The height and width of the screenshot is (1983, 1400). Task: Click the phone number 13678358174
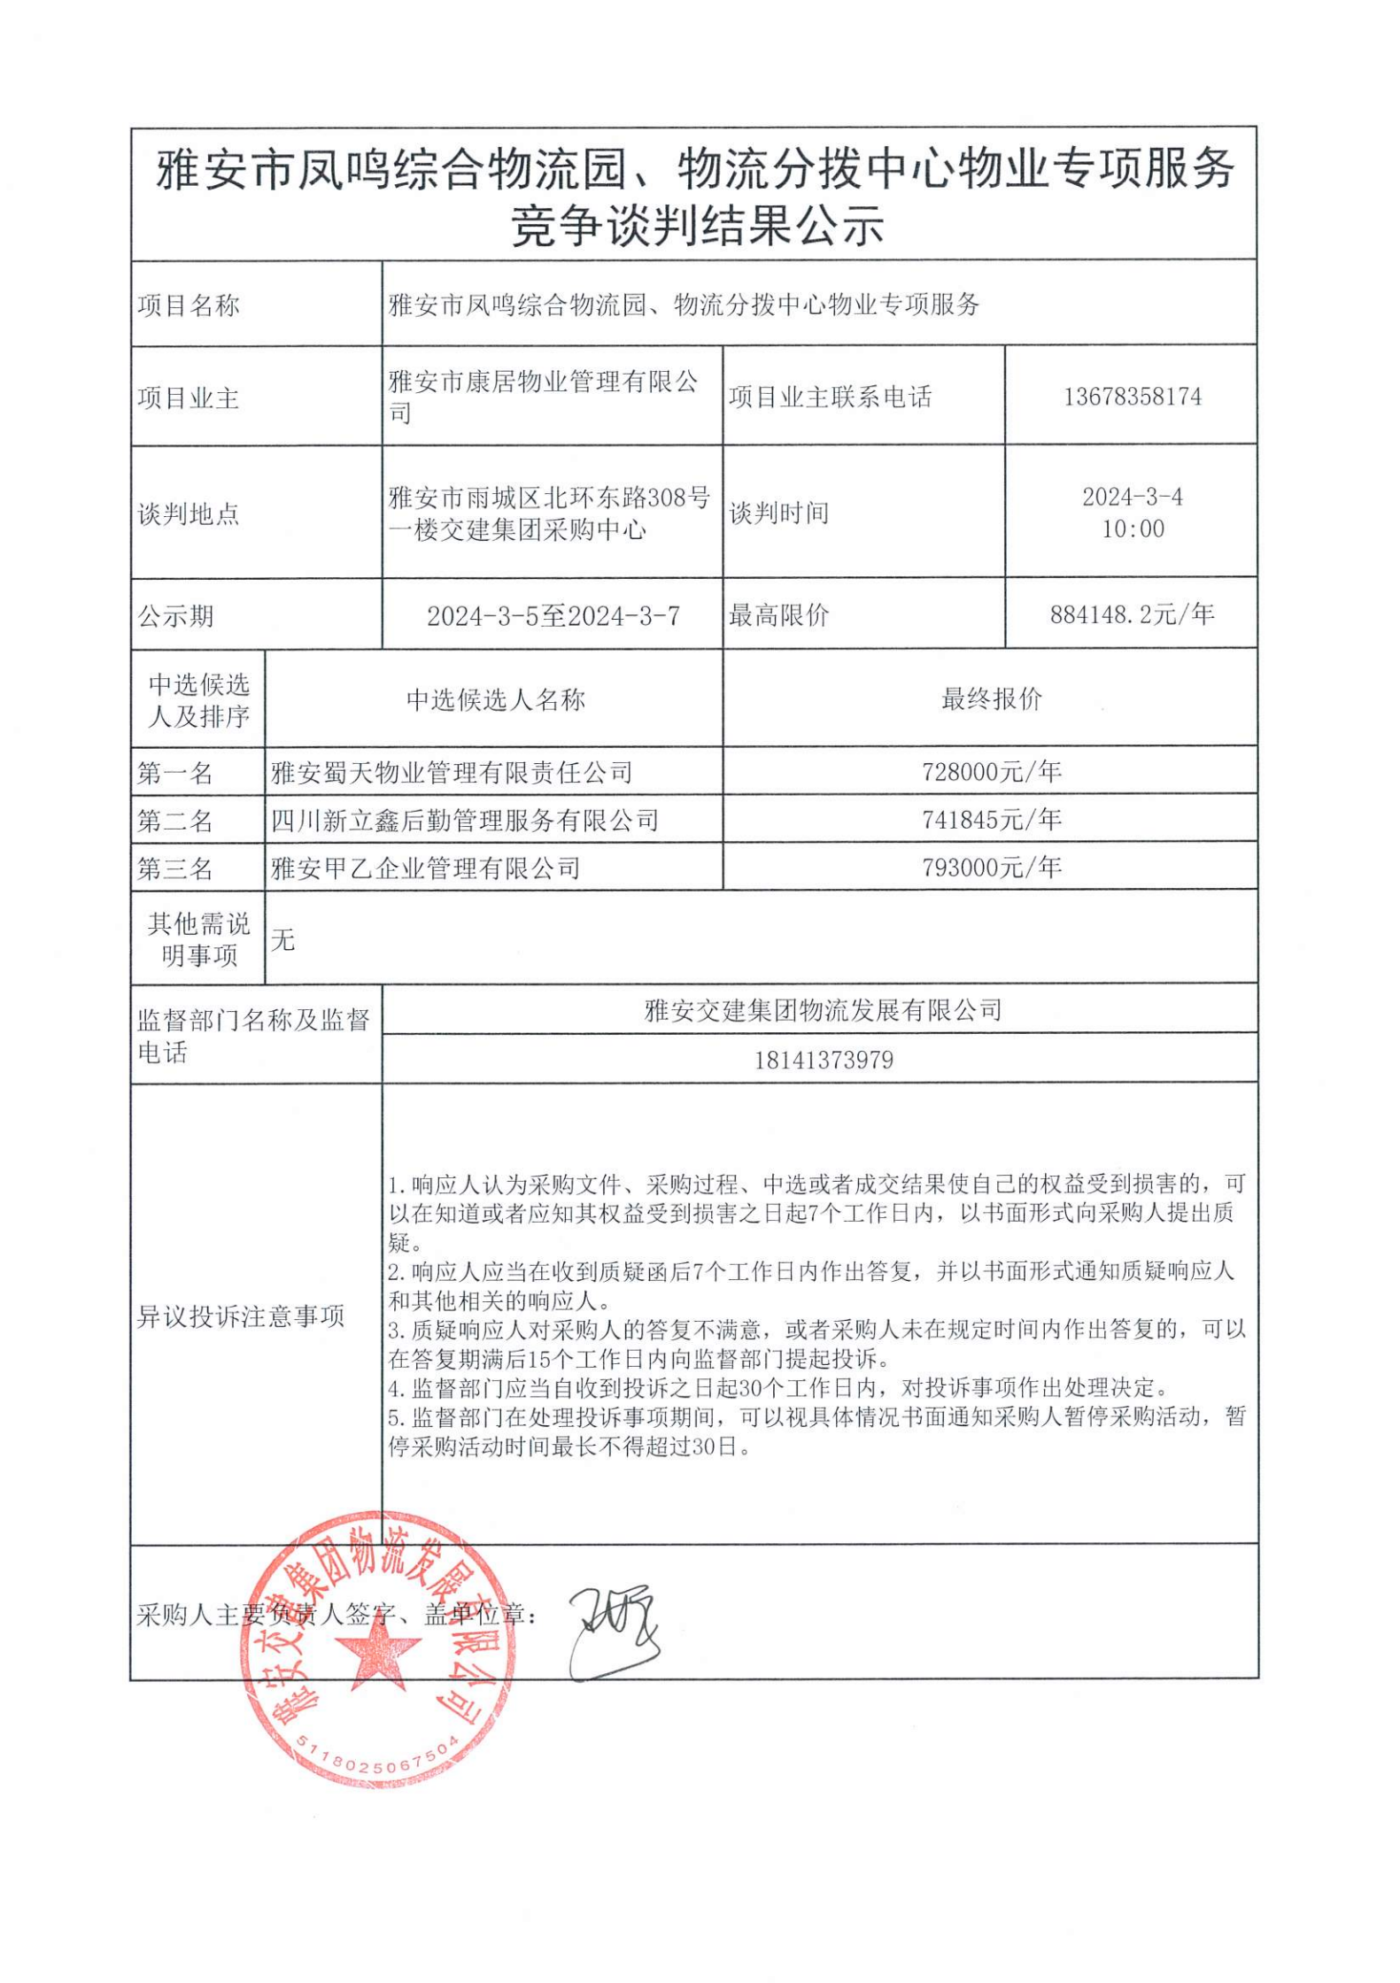(x=1132, y=397)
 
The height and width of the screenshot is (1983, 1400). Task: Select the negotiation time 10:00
(x=1133, y=529)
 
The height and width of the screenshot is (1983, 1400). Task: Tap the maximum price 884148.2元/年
(x=1132, y=614)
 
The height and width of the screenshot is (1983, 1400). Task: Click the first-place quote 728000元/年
(x=991, y=772)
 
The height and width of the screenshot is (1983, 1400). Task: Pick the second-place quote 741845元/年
(x=991, y=820)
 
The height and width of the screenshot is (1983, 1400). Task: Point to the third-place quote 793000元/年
(x=991, y=868)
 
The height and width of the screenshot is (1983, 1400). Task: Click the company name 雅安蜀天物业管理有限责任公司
(x=452, y=773)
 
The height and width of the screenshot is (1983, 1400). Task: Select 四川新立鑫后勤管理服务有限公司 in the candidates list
(x=465, y=821)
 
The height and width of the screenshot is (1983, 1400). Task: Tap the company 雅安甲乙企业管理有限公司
(x=426, y=868)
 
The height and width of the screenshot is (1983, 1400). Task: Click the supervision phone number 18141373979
(x=824, y=1060)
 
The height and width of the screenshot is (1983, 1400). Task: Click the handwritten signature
(x=613, y=1632)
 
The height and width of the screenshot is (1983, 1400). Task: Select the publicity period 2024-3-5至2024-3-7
(x=553, y=616)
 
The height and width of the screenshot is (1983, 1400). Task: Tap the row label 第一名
(x=175, y=773)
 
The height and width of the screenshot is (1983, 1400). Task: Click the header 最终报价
(x=991, y=699)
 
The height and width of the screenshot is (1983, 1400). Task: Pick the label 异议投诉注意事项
(x=241, y=1316)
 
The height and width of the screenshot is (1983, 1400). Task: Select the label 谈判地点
(x=189, y=513)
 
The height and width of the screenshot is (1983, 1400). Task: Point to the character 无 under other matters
(x=283, y=939)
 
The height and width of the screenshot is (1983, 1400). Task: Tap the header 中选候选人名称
(x=495, y=700)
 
